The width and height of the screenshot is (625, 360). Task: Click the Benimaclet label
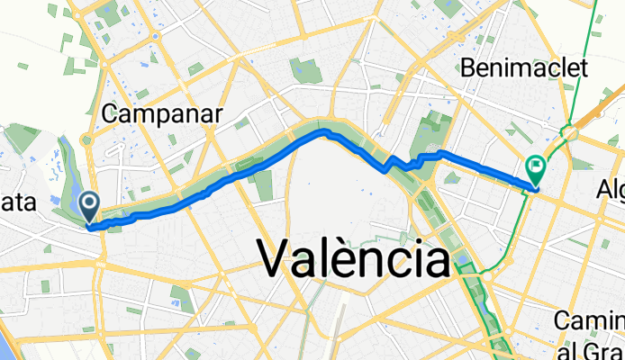pos(523,67)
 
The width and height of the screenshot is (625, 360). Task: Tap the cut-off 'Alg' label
pos(611,190)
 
